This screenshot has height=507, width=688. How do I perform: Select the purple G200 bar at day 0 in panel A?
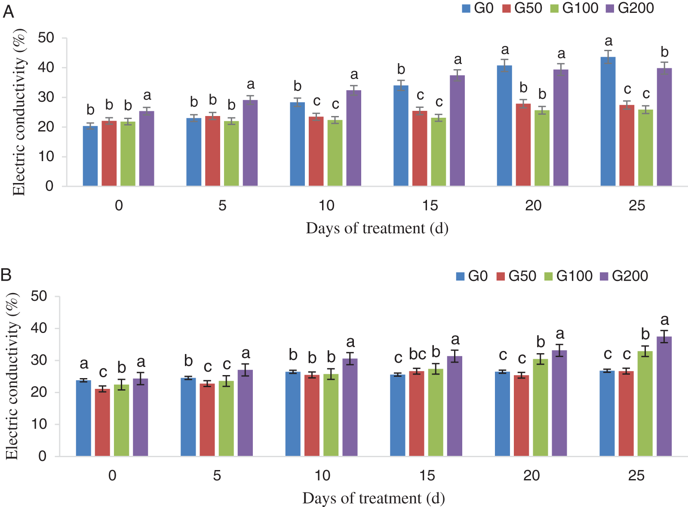[147, 149]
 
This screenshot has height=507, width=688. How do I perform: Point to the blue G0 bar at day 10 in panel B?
[293, 414]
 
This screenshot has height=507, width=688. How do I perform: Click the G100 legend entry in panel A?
[574, 8]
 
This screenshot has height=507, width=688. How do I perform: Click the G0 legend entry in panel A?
[478, 8]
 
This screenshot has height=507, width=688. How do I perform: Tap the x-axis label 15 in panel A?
[430, 205]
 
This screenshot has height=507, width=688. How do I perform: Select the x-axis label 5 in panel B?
[217, 475]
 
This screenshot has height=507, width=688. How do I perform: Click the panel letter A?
[8, 12]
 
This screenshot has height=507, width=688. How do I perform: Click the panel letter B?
[6, 275]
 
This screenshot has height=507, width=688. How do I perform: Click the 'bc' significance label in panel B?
[417, 354]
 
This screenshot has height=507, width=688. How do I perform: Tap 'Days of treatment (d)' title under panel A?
[377, 228]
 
